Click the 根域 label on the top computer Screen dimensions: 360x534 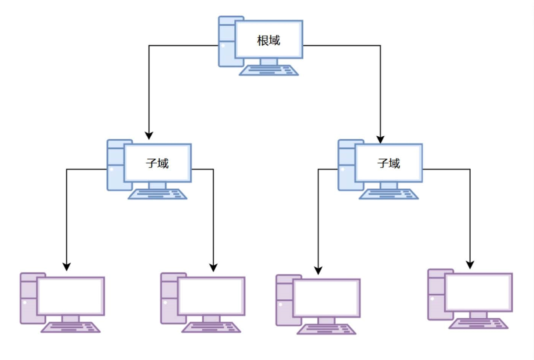click(269, 40)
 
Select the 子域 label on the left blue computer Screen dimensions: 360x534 click(157, 164)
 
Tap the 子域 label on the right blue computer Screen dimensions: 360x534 click(389, 164)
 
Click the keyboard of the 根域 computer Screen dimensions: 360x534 click(269, 70)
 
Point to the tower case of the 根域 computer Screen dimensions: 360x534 click(226, 42)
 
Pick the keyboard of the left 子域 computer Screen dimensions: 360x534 click(157, 194)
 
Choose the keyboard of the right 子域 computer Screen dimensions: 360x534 click(389, 194)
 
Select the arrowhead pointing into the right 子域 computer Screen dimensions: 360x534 click(380, 139)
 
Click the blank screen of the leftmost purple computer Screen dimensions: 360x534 click(71, 296)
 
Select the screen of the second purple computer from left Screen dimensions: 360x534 click(211, 296)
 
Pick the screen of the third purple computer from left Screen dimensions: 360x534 click(327, 298)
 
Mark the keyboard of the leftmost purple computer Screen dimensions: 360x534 click(71, 327)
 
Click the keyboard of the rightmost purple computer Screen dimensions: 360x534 click(479, 324)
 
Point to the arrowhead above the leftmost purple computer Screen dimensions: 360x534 click(66, 266)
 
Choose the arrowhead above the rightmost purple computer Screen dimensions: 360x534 click(470, 265)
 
